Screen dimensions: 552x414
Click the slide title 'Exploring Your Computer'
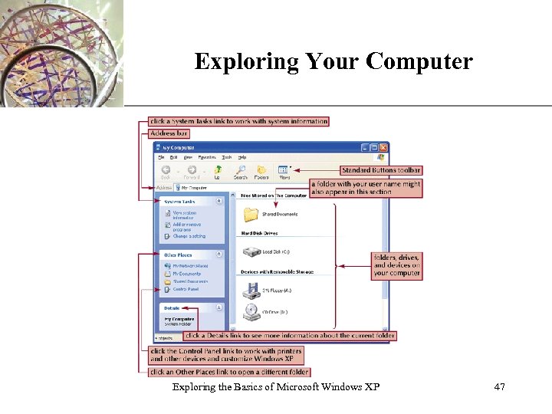[333, 61]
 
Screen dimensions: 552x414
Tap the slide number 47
[499, 387]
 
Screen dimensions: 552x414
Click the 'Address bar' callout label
[169, 133]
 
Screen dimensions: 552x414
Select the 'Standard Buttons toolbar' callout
[381, 170]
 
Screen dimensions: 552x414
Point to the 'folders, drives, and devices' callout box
[396, 265]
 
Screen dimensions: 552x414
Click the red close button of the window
[384, 147]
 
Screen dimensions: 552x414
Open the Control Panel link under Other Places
[185, 289]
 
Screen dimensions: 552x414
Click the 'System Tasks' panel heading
[179, 202]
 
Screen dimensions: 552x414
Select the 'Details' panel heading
[172, 308]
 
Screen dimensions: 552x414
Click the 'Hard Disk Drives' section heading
[259, 233]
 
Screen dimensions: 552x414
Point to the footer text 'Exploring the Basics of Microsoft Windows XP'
[276, 387]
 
